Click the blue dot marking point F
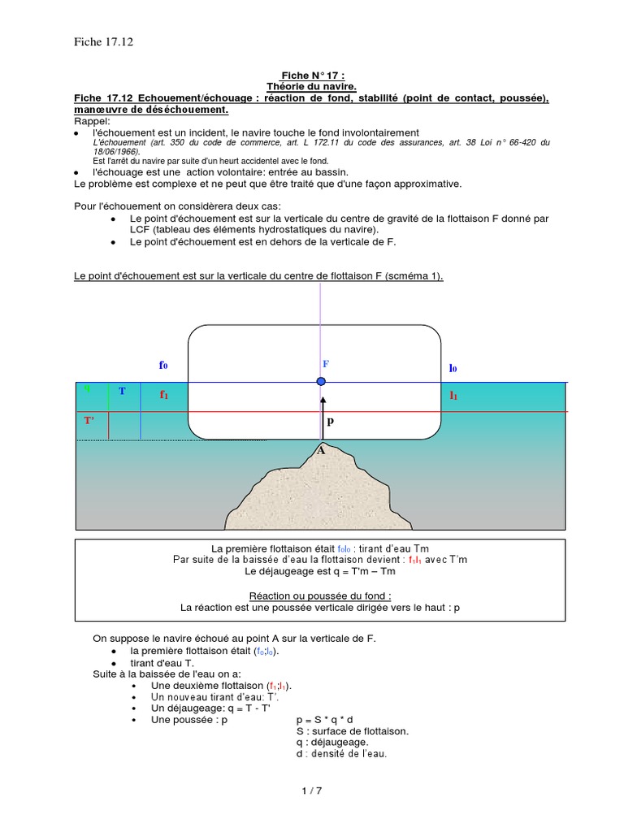click(x=322, y=381)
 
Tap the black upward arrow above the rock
click(x=322, y=414)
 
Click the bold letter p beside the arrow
click(x=330, y=422)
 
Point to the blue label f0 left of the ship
click(x=163, y=366)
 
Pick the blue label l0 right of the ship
click(x=453, y=368)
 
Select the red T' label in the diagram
click(x=89, y=421)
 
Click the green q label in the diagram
click(x=87, y=388)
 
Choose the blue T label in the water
click(x=122, y=392)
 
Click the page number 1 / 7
click(x=312, y=790)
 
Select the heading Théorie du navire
click(x=312, y=86)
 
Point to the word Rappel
click(x=90, y=120)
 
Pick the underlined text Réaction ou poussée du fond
click(x=312, y=596)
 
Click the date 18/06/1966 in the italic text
click(x=115, y=151)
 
